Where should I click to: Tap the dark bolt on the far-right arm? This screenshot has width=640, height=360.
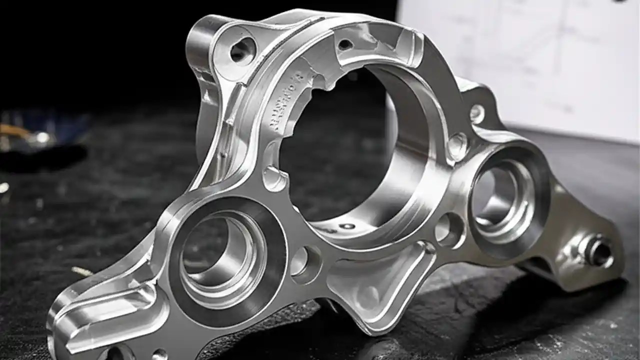click(598, 250)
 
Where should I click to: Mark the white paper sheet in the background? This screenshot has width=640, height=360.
click(525, 60)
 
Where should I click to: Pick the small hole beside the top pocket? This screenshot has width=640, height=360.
click(345, 44)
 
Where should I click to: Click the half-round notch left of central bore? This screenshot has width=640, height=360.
click(274, 177)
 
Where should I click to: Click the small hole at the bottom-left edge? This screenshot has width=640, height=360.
click(159, 354)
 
